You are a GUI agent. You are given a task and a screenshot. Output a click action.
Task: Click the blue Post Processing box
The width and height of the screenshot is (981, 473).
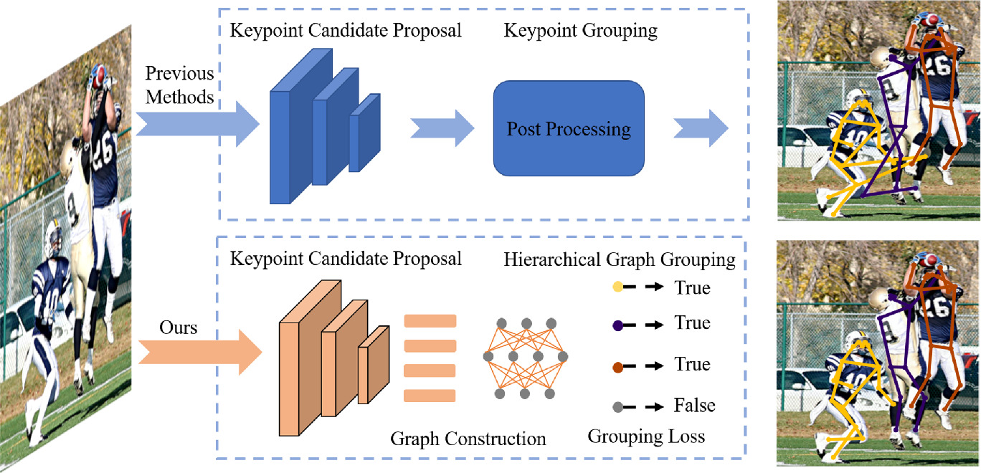[569, 129]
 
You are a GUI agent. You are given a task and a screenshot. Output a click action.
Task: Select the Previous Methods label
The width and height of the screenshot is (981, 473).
[179, 85]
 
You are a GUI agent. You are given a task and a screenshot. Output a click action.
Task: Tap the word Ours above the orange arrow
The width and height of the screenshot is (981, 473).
[179, 328]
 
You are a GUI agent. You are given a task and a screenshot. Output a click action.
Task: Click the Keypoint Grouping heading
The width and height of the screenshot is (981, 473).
[581, 31]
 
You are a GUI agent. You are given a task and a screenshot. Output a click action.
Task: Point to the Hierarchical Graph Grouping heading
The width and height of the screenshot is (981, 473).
[620, 259]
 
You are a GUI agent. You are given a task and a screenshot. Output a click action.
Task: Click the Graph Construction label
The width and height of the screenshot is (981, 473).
[468, 438]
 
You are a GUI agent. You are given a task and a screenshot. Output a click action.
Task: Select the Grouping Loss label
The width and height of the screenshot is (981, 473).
[646, 436]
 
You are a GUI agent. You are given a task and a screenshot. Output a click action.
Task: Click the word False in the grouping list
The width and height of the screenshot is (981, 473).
[694, 406]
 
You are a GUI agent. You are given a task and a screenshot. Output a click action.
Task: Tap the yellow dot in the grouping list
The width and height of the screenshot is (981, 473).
[617, 288]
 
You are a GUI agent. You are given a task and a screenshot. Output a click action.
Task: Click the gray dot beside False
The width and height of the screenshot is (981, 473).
[617, 406]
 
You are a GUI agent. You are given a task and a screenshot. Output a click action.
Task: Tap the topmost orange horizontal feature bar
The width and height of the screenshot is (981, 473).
[430, 321]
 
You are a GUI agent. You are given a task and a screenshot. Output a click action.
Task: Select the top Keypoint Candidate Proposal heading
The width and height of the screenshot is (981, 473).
[346, 31]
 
